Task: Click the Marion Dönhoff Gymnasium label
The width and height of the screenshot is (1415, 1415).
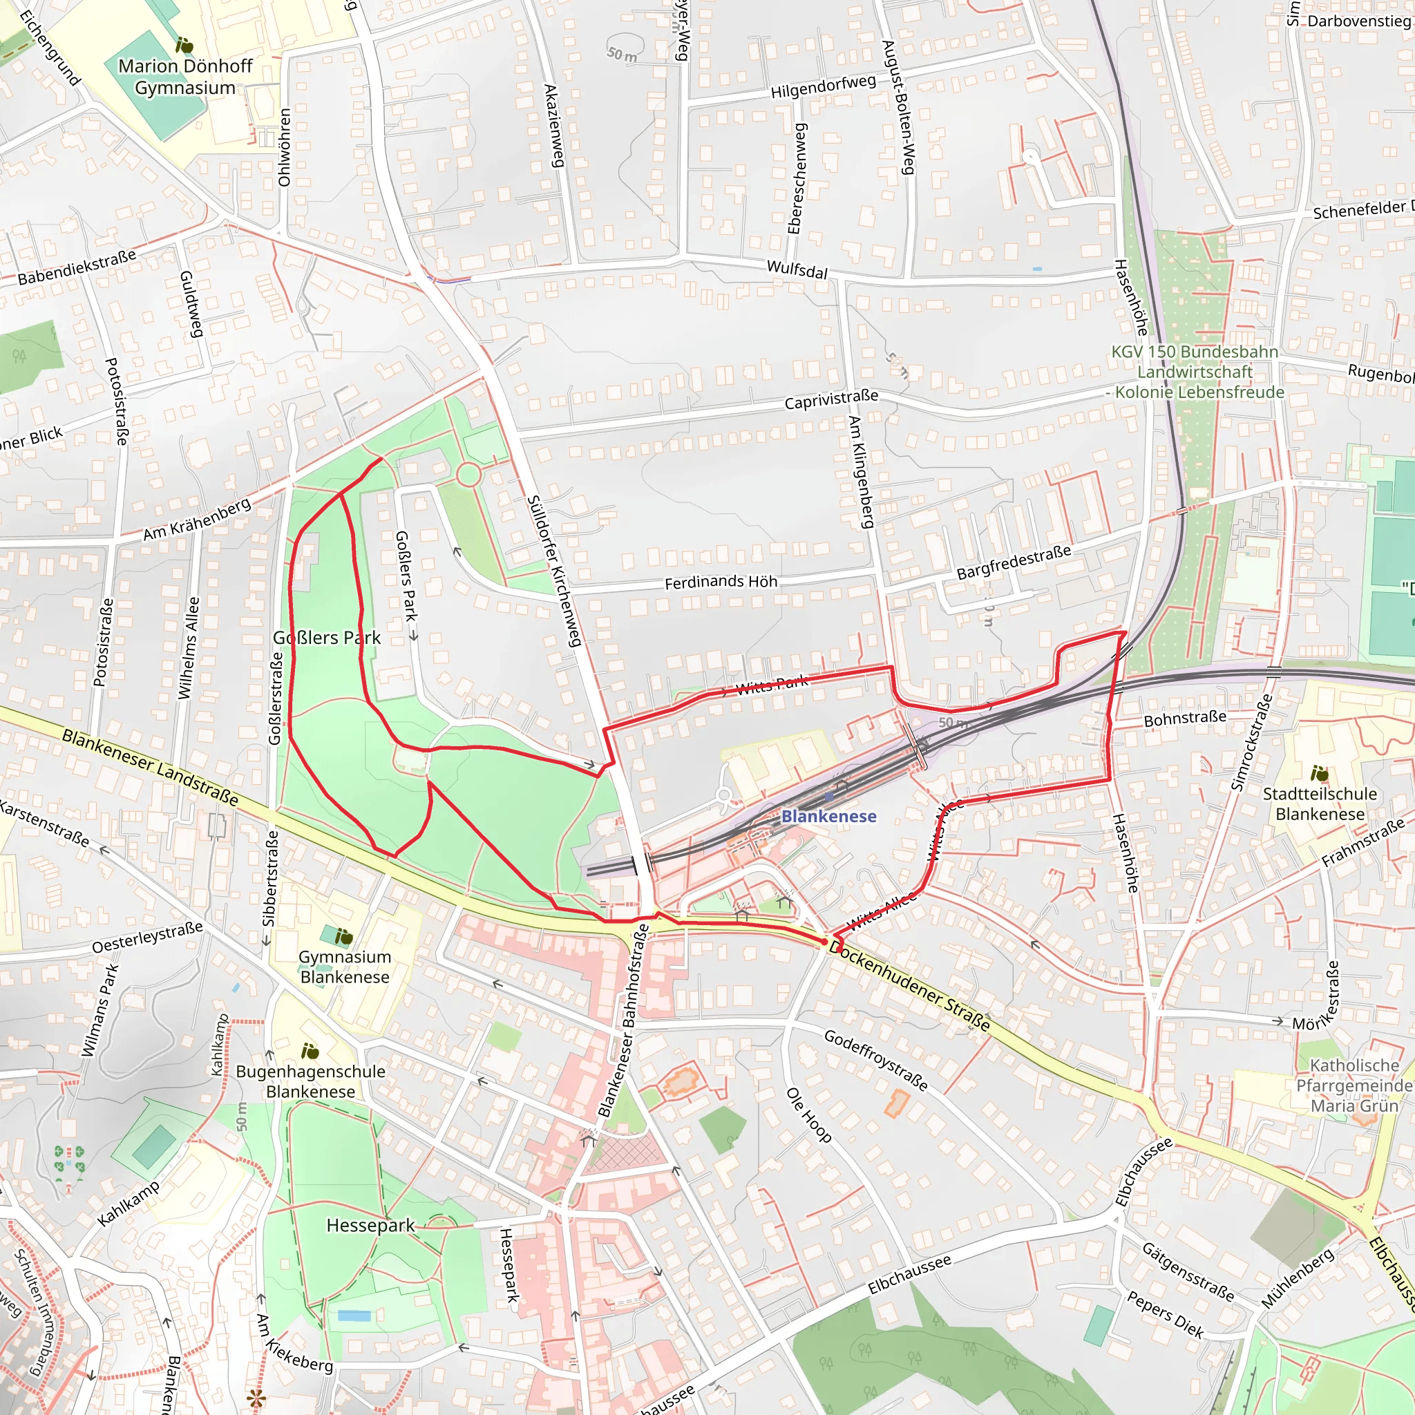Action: tap(185, 77)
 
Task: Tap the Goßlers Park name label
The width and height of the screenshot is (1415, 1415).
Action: tap(327, 638)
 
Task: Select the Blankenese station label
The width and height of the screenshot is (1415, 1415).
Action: tap(828, 817)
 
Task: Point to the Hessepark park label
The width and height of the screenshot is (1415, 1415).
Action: tap(370, 1225)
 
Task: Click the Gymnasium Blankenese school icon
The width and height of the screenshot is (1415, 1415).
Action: tap(343, 936)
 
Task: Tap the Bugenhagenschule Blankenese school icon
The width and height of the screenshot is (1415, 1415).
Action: tap(310, 1052)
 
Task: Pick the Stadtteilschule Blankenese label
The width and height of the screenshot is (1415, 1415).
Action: tap(1319, 804)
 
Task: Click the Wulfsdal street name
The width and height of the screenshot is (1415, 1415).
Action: tap(797, 269)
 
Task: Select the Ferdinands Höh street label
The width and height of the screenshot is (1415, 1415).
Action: tap(721, 582)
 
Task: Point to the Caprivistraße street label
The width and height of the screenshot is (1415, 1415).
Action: tap(831, 400)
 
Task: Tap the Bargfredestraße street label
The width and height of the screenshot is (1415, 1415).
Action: tap(1014, 562)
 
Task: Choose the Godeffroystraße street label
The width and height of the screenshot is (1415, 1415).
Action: tap(876, 1060)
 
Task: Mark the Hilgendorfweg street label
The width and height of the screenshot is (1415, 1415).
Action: tap(823, 87)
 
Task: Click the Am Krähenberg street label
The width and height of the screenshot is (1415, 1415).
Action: tap(197, 520)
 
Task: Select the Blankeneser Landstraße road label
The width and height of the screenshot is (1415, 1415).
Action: tap(150, 768)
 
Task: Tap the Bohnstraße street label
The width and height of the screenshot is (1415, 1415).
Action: tap(1184, 719)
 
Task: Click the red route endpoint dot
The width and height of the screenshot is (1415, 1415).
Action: tap(825, 942)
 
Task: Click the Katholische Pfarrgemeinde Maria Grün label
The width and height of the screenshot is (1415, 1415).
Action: tap(1354, 1085)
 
